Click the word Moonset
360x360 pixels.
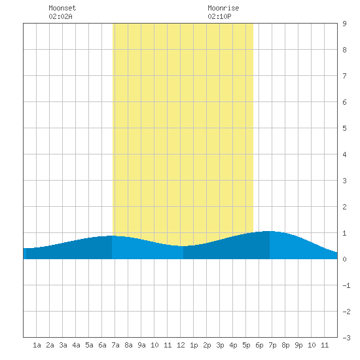tap(62, 8)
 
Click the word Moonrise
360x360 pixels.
tap(223, 8)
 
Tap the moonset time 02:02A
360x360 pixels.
tap(61, 16)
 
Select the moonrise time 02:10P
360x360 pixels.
tap(219, 16)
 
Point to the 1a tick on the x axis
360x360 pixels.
tap(37, 345)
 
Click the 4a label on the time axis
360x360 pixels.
tap(76, 345)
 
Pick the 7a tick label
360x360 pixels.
tap(115, 345)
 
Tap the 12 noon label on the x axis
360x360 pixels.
tap(181, 345)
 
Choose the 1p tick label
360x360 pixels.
tap(194, 345)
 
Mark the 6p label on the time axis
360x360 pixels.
tap(259, 345)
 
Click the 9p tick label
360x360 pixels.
tap(298, 345)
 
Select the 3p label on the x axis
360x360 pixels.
tap(220, 345)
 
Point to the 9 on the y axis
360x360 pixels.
tap(344, 24)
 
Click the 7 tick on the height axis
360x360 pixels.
tap(344, 76)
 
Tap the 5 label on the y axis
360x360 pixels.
tap(344, 128)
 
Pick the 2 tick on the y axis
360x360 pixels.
tap(344, 207)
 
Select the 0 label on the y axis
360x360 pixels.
tap(344, 259)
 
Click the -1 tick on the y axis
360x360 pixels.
tap(346, 285)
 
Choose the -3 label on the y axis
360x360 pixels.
tap(346, 338)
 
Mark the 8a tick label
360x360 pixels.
tap(128, 345)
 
